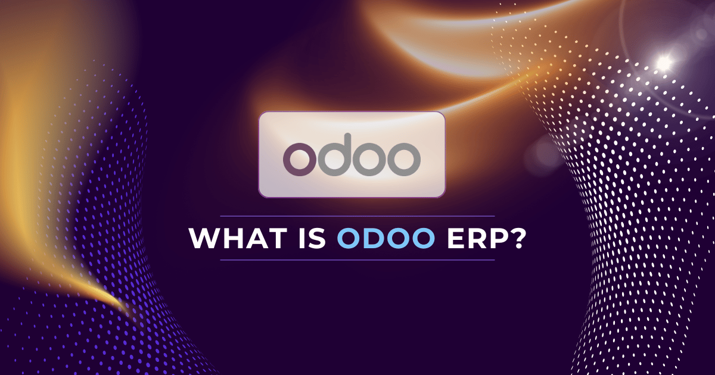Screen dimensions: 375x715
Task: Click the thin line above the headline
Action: (357, 215)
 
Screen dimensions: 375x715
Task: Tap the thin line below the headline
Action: (357, 260)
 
